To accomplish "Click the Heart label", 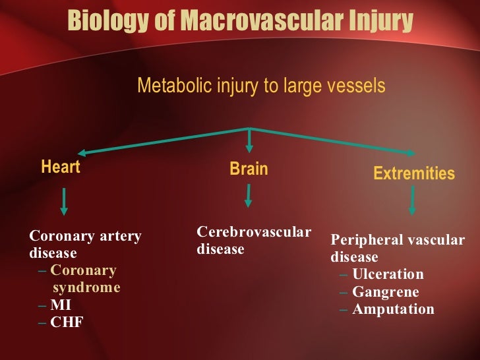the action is click(61, 167).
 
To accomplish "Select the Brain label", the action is click(249, 169).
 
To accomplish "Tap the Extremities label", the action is click(414, 173).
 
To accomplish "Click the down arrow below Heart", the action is click(64, 201).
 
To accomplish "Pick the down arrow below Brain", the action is click(249, 196).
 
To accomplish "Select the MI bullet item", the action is click(61, 305).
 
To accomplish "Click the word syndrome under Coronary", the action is click(86, 287).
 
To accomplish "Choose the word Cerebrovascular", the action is click(254, 232).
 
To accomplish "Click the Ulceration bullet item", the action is click(388, 274).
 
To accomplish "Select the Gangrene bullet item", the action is click(385, 291).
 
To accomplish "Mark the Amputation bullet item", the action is click(393, 309).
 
